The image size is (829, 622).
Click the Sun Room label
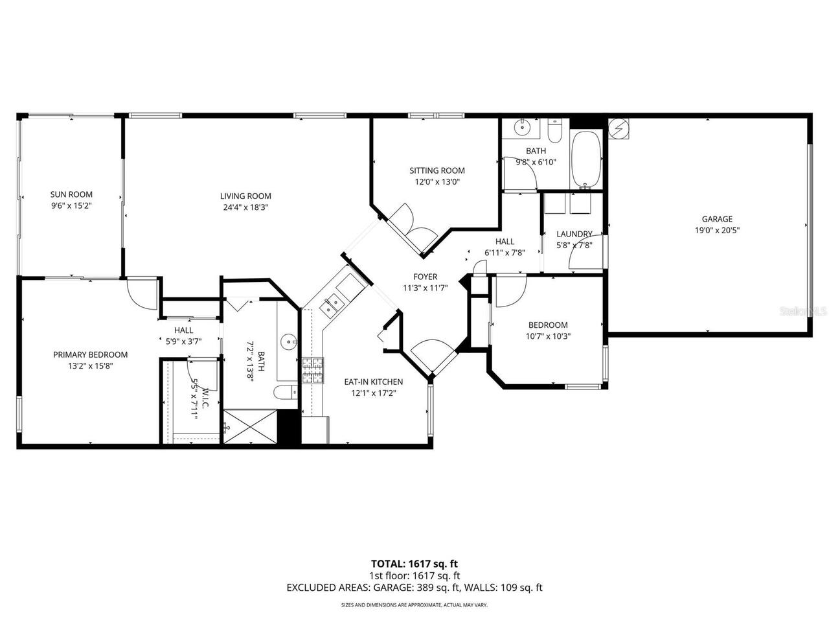pos(71,194)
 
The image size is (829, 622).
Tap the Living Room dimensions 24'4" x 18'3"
pos(245,208)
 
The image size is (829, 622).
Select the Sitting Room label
pos(437,171)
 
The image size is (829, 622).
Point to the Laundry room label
pos(574,234)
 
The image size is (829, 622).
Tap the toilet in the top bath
pos(555,132)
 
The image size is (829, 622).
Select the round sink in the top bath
pos(522,128)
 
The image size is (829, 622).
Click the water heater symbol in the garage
pos(619,128)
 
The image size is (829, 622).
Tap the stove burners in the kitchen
pos(312,371)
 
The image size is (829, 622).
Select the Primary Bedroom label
pos(90,354)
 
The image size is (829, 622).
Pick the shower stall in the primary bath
pos(249,426)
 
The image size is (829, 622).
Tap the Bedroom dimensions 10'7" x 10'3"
pos(547,336)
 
